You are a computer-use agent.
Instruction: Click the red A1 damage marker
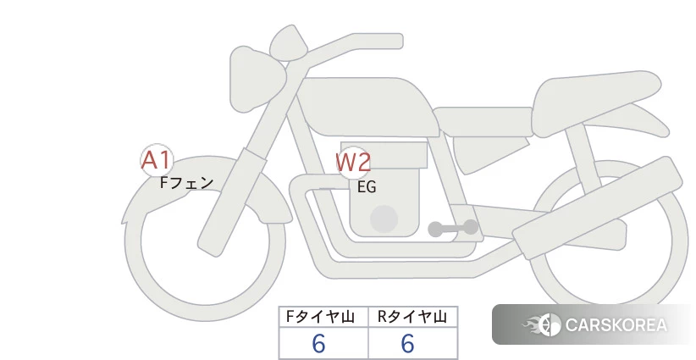157,160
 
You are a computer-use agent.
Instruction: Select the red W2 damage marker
353,163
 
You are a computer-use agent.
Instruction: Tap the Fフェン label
186,182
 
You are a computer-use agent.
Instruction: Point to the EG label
367,187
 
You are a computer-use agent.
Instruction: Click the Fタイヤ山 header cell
323,317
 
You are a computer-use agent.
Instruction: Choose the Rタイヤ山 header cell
413,317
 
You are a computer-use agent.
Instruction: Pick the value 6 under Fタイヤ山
318,344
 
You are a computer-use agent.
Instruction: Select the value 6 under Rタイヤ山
408,344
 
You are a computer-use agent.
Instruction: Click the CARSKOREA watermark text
616,325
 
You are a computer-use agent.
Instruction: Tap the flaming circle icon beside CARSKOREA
543,324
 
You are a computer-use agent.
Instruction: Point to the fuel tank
368,108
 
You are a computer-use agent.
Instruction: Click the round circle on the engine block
384,219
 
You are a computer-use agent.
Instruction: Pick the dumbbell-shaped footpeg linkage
453,228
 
